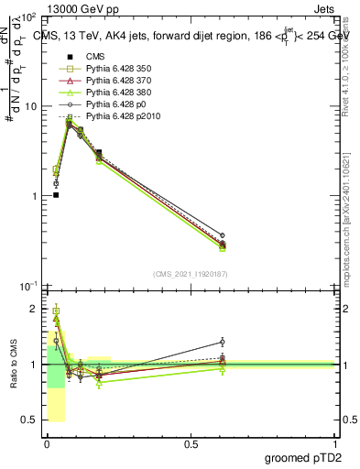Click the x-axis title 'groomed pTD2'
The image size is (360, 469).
305,457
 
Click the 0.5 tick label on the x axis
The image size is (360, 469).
191,444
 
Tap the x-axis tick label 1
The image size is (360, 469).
336,444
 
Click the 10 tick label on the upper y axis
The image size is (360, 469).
30,106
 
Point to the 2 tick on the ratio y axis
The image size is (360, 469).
36,309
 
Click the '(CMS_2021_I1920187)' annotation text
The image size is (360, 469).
190,274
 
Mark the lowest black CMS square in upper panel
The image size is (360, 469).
56,195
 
